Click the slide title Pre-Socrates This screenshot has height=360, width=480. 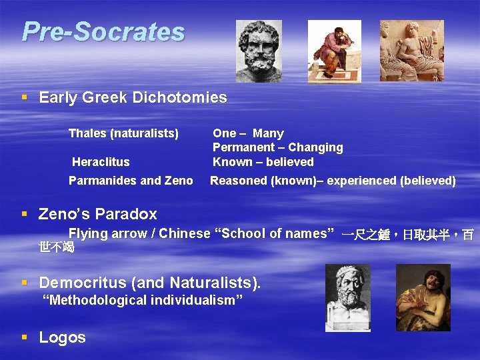[x=103, y=31]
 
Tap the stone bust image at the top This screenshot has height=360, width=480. [x=259, y=51]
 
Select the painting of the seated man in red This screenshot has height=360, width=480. [x=334, y=51]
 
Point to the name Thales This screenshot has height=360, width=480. [x=87, y=133]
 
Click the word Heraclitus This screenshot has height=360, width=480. [x=101, y=162]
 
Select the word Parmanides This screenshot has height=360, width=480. [x=98, y=181]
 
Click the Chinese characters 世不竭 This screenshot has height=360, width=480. [x=57, y=248]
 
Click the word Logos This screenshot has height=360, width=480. [x=63, y=337]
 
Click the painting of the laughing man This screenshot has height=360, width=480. [x=423, y=297]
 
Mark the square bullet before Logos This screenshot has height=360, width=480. [x=25, y=337]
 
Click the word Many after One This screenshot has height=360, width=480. [x=268, y=133]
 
